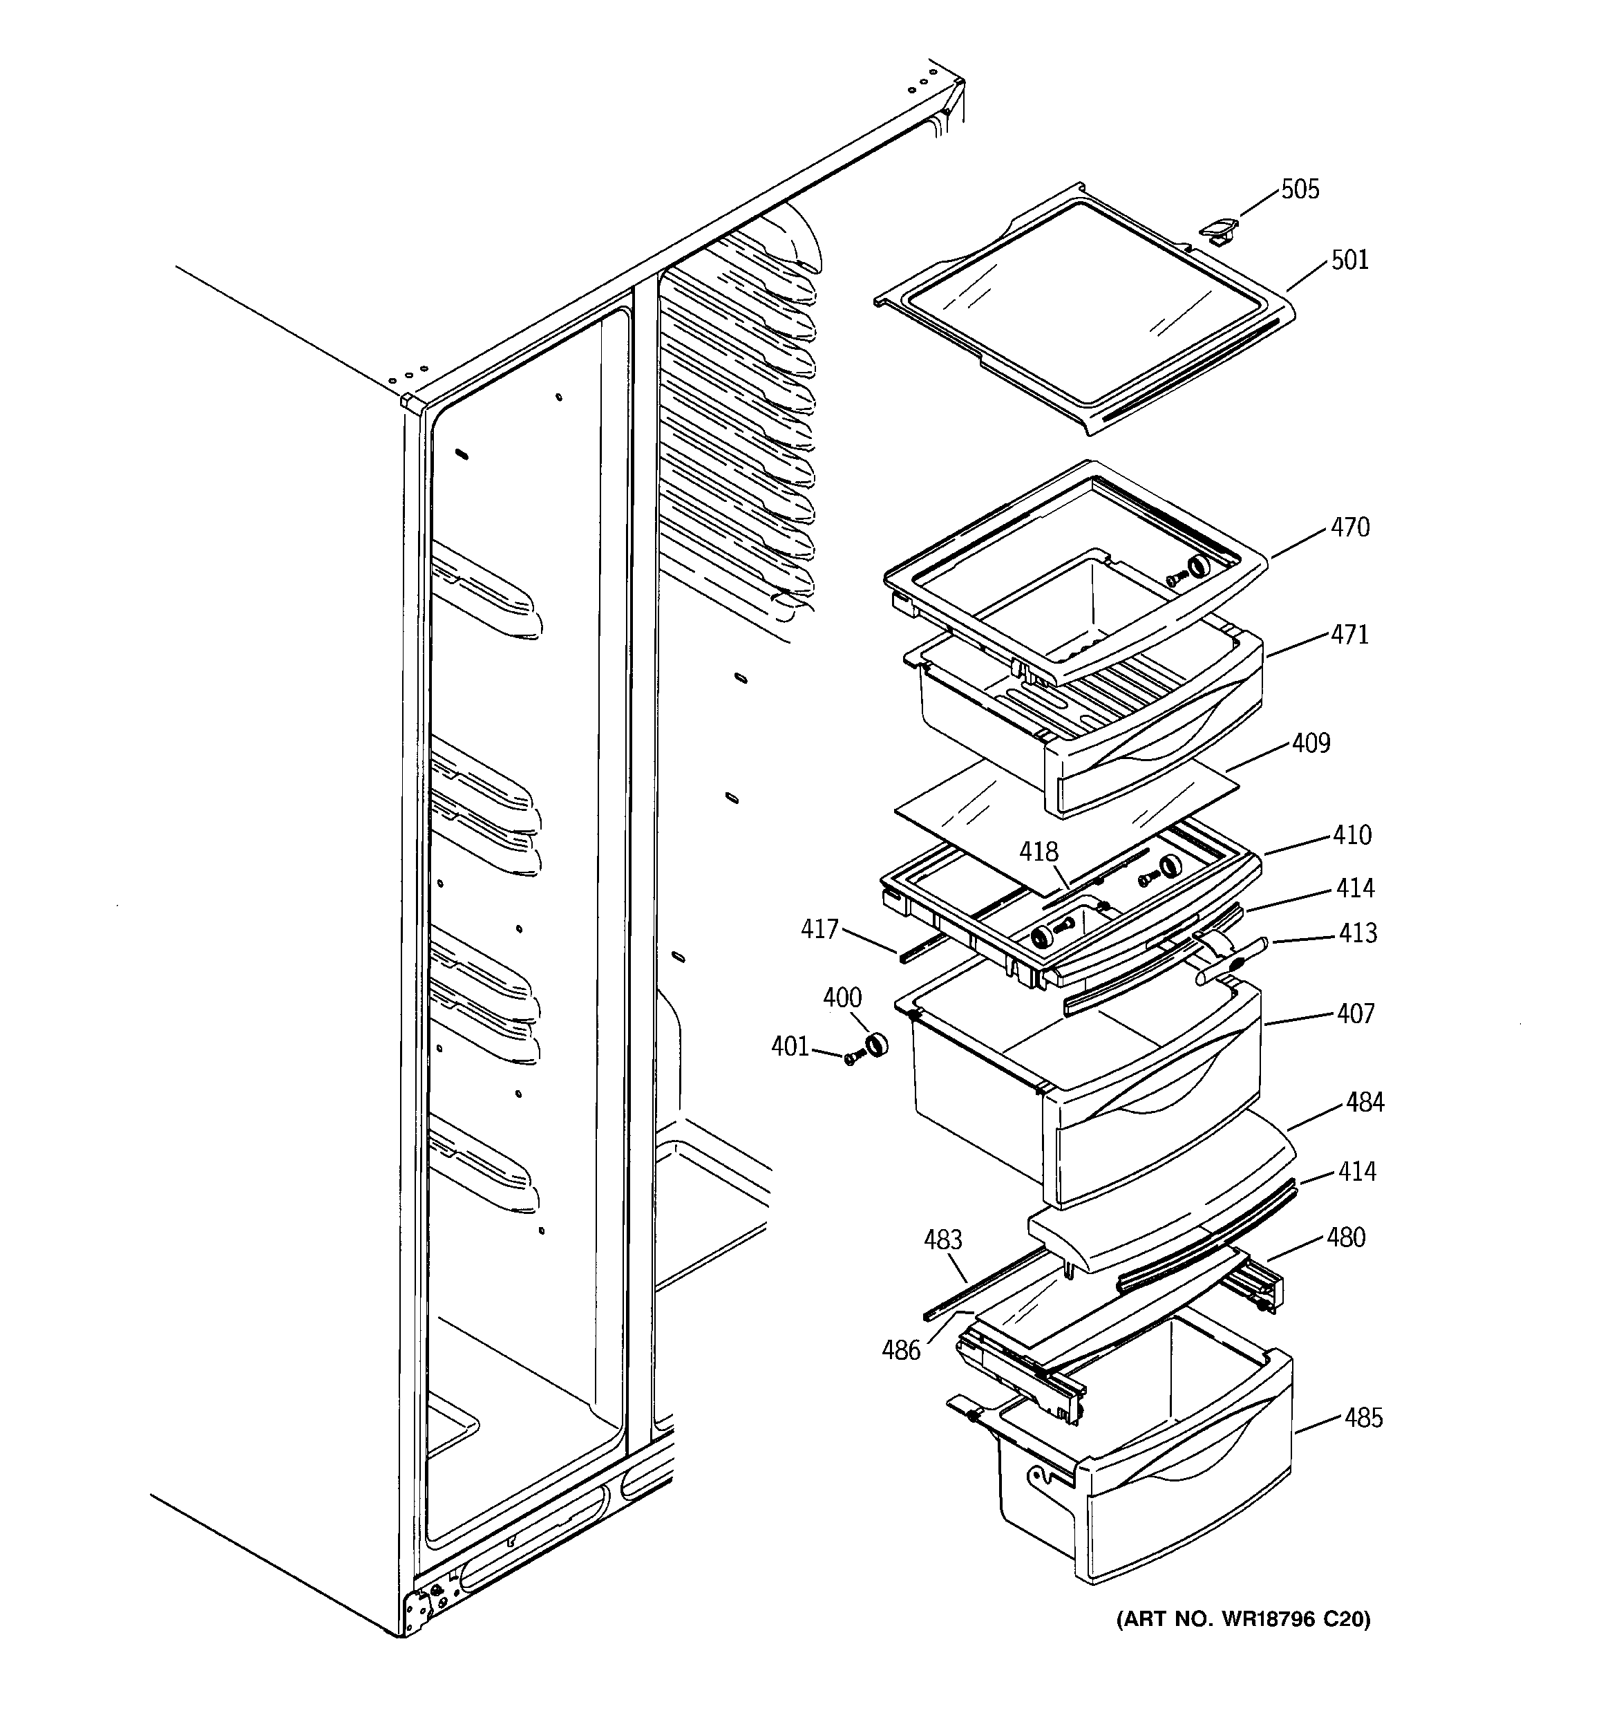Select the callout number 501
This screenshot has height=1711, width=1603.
point(1349,260)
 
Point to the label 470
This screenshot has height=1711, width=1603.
point(1349,527)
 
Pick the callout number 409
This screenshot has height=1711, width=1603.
point(1311,742)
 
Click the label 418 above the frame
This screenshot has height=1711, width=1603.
point(1038,852)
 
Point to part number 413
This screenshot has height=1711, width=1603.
point(1358,933)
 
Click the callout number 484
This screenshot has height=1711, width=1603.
point(1365,1102)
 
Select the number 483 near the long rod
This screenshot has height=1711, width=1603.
point(942,1240)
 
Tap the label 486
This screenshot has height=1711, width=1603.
point(901,1350)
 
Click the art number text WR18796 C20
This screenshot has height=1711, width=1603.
point(1243,1620)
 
